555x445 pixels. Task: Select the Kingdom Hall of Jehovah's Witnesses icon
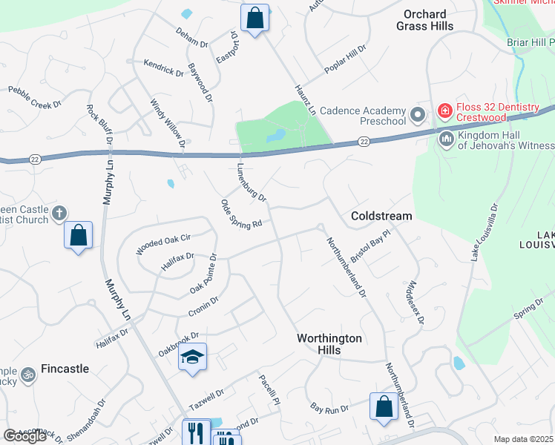(x=447, y=139)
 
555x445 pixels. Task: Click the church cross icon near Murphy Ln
(x=60, y=215)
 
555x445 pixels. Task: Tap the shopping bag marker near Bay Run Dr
(x=384, y=406)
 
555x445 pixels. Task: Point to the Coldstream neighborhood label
(x=381, y=216)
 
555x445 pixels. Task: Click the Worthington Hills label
(x=329, y=343)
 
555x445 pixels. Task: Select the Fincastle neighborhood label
(x=65, y=368)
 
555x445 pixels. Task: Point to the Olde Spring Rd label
(x=242, y=214)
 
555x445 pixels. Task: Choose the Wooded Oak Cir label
(x=163, y=244)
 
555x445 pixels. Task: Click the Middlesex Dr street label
(x=414, y=302)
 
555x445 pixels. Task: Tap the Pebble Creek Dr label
(x=35, y=98)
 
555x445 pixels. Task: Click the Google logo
(x=24, y=436)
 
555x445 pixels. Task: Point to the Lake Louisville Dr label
(x=483, y=232)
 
